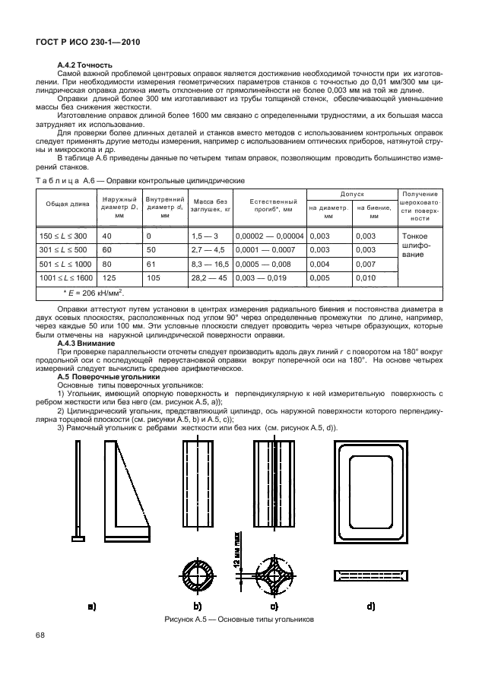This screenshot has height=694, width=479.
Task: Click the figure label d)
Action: click(371, 607)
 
